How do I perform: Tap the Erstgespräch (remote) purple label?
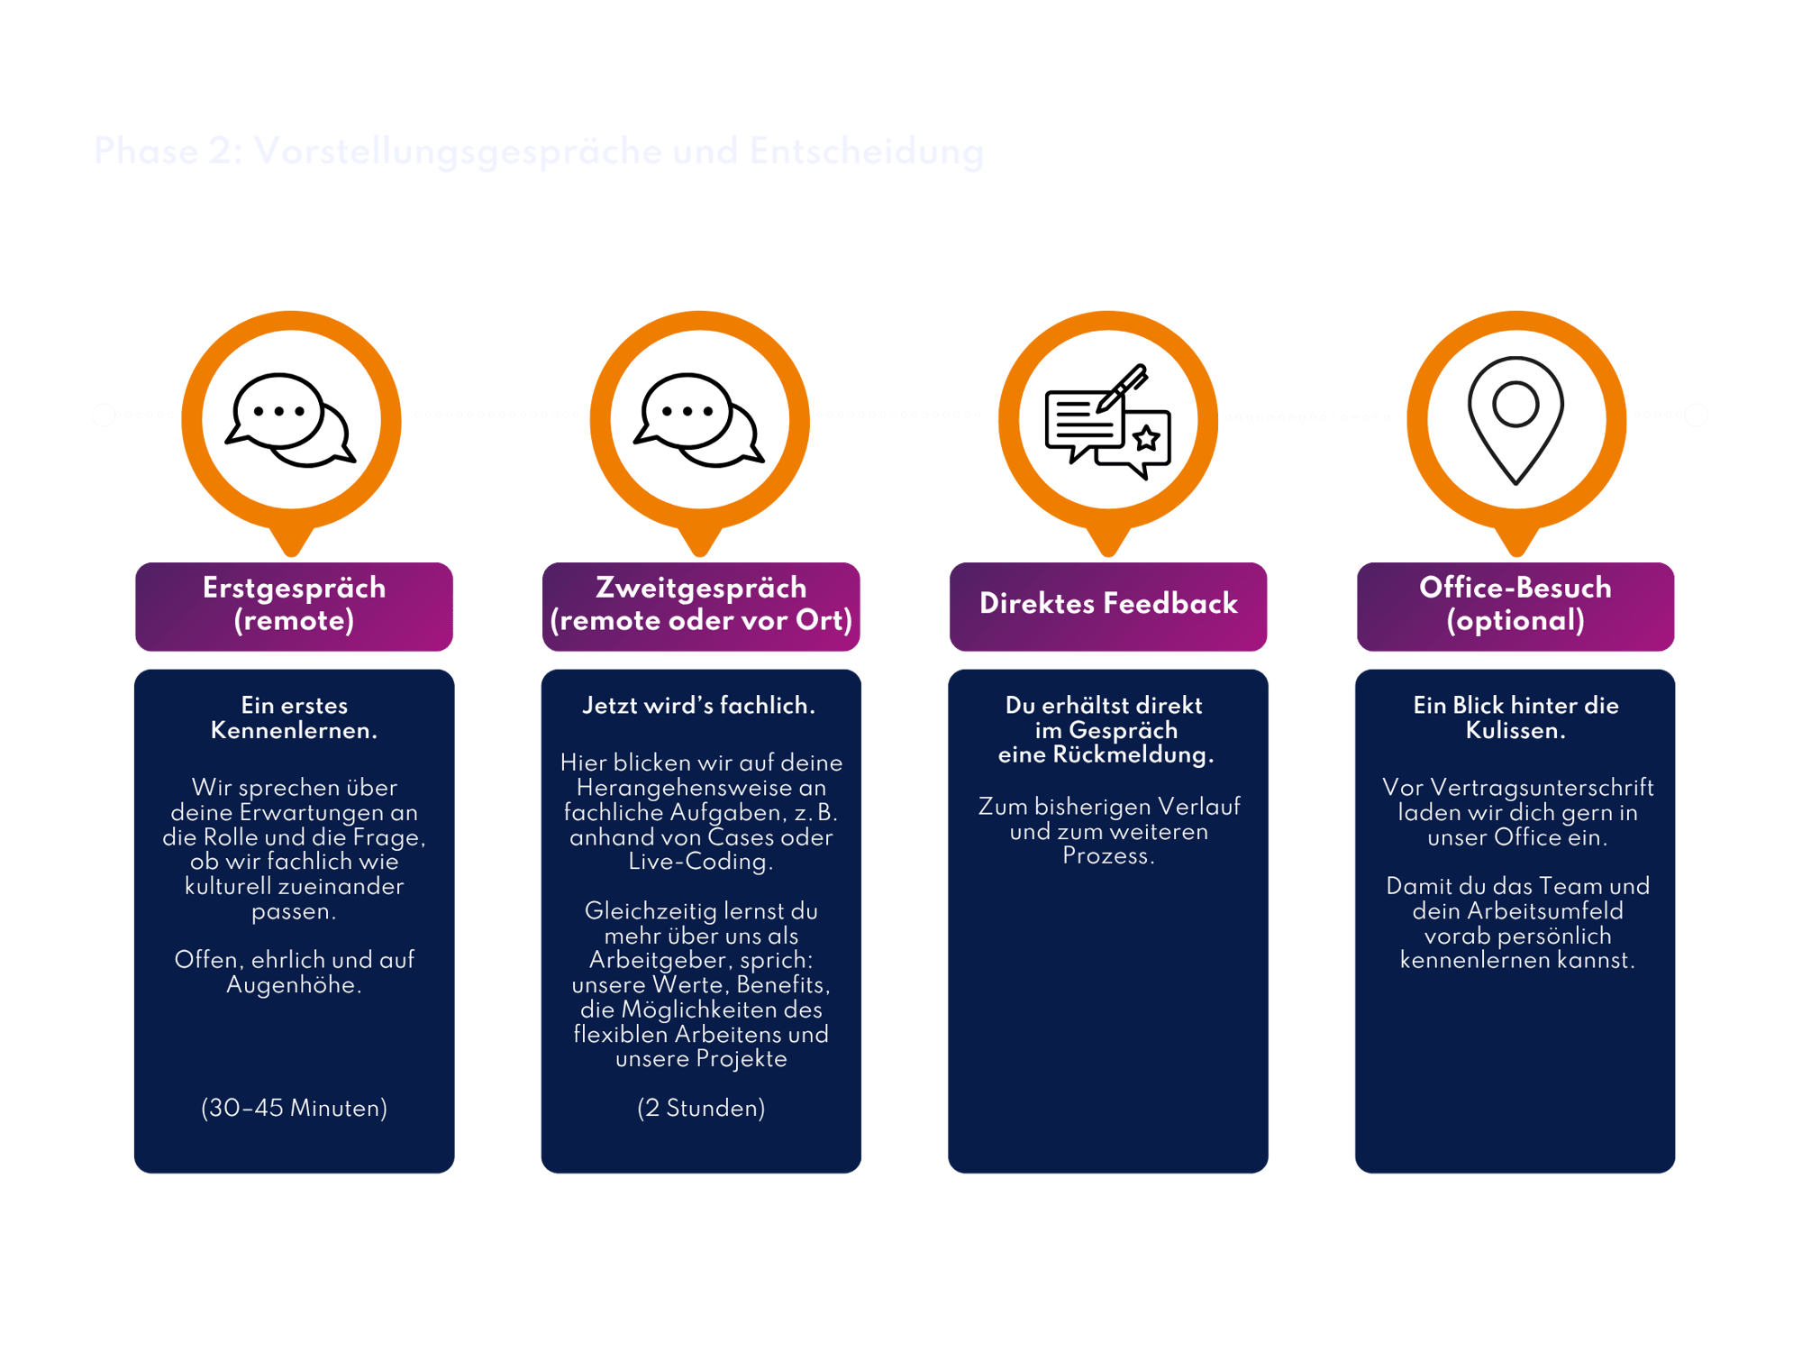point(294,605)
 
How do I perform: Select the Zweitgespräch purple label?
point(701,605)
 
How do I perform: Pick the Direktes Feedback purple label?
point(1108,604)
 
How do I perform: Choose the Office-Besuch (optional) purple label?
point(1515,605)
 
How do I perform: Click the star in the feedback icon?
point(1146,439)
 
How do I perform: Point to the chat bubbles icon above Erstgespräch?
point(290,419)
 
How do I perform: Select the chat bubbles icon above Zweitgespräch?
point(699,419)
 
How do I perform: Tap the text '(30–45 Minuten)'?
point(294,1108)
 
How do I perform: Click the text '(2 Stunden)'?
point(701,1108)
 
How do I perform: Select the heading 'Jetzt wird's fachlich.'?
point(699,706)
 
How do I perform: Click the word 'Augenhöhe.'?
point(294,985)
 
